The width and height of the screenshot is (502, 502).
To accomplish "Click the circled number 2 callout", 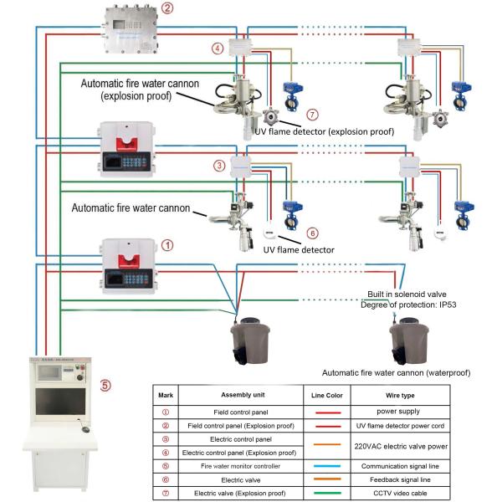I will click(167, 10).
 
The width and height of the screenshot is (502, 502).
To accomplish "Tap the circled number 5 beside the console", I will click(105, 386).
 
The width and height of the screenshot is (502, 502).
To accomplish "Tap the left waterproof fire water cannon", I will click(250, 339).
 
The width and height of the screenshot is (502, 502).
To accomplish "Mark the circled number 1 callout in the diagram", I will click(167, 245).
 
